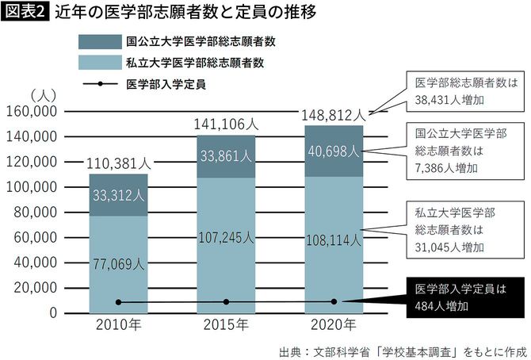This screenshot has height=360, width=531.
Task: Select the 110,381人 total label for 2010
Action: (x=119, y=163)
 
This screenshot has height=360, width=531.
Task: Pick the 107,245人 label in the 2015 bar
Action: (x=226, y=237)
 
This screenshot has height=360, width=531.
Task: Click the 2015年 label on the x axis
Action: (x=226, y=326)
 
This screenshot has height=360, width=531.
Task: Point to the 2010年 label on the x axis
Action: (x=119, y=326)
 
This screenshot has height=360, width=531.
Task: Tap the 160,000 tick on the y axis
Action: (x=33, y=112)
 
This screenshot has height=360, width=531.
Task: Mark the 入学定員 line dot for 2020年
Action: (x=334, y=301)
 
